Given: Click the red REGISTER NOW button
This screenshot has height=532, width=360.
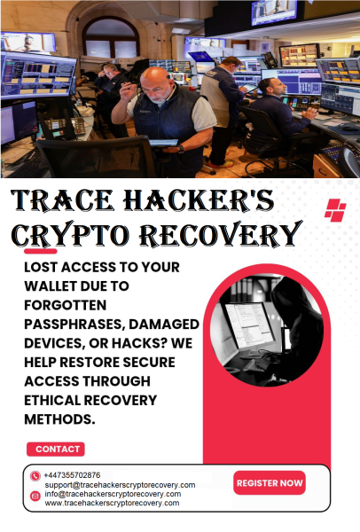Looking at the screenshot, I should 270,483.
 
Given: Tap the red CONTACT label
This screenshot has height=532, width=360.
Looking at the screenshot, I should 55,450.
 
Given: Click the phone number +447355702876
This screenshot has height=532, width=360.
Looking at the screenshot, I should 72,475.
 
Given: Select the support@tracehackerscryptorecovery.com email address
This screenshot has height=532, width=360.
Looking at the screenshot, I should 120,485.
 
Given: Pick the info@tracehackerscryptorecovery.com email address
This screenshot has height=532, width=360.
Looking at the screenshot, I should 113,494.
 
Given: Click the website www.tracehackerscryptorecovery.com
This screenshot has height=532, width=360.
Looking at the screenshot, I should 112,503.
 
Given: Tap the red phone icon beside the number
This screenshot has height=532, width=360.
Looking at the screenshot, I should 35,476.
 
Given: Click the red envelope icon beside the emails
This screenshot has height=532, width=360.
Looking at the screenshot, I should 35,496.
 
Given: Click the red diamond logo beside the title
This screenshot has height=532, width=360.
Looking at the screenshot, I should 334,211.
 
